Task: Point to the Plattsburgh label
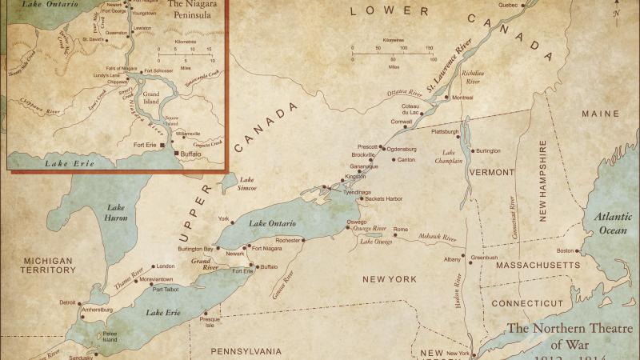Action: tap(445, 131)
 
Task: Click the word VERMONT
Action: tap(492, 172)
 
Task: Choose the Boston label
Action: tap(566, 250)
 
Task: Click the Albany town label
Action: tap(453, 259)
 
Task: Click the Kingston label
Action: tap(355, 176)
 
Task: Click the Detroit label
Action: tap(68, 302)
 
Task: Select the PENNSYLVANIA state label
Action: tap(246, 350)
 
